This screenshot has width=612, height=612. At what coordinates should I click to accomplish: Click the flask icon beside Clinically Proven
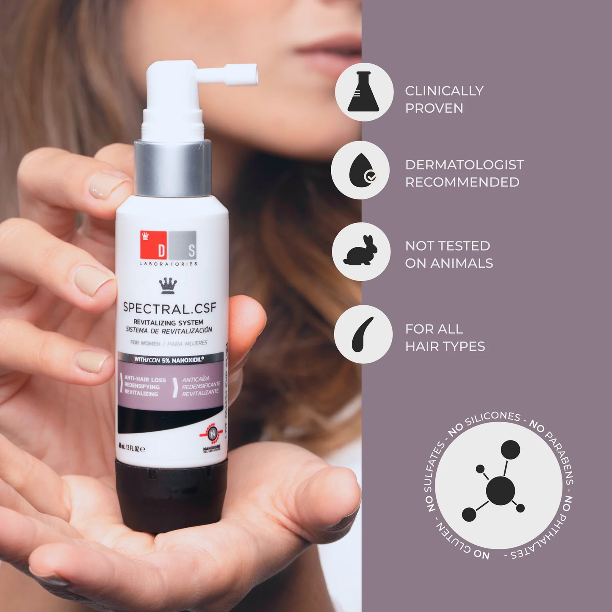(x=364, y=92)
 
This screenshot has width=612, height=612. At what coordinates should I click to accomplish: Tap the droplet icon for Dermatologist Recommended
(x=360, y=170)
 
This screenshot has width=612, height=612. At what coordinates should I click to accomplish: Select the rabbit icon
(x=361, y=252)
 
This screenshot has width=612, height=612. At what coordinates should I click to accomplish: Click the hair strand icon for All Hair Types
(x=363, y=334)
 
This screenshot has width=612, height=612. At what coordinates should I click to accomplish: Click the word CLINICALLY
(x=444, y=91)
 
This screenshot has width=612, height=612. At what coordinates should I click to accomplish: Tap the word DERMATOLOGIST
(x=465, y=165)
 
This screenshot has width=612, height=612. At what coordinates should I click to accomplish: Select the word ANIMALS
(x=462, y=263)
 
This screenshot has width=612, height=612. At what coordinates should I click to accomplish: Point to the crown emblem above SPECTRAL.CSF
(x=168, y=285)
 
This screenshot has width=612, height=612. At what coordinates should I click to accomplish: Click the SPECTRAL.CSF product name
(x=169, y=308)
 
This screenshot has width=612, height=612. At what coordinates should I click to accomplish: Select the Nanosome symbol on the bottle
(x=212, y=433)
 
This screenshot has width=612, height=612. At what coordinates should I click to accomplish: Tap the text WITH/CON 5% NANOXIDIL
(x=169, y=360)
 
